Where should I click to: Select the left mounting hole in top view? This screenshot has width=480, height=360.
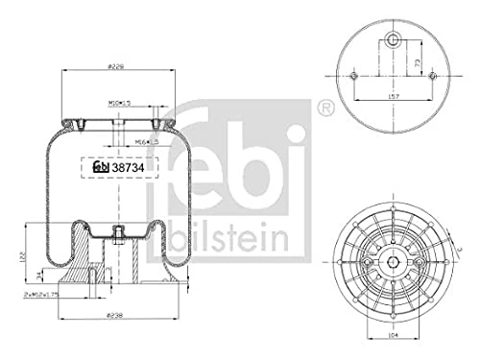click(x=354, y=76)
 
